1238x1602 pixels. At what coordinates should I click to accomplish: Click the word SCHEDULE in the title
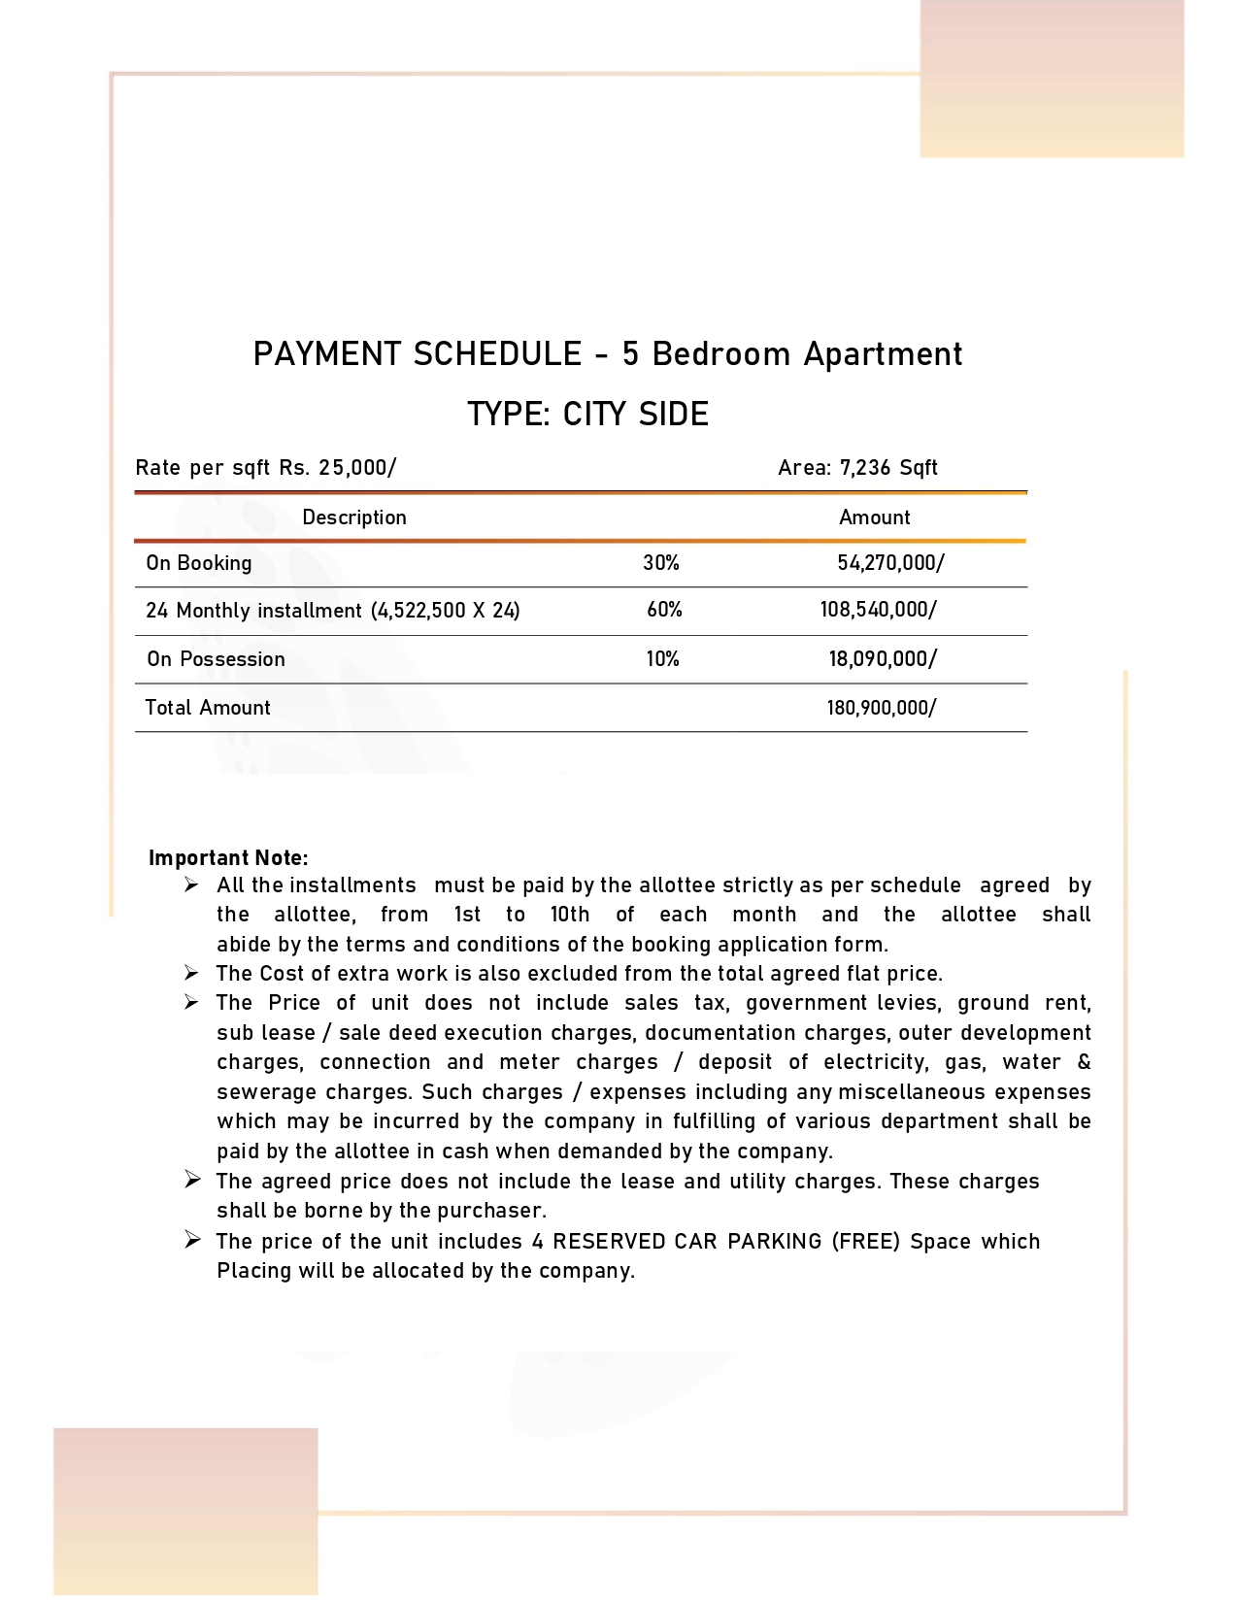click(497, 354)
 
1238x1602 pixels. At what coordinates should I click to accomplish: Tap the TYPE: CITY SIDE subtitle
click(587, 415)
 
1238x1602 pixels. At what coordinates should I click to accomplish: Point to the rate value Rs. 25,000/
click(337, 468)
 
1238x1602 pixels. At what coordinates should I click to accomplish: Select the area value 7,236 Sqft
click(888, 468)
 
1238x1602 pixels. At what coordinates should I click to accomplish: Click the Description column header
click(353, 517)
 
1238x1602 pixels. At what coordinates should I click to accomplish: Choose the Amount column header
click(874, 517)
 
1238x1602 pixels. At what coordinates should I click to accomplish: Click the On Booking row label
click(199, 563)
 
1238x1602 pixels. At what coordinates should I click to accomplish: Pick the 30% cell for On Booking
click(660, 563)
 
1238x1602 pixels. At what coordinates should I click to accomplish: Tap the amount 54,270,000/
click(890, 563)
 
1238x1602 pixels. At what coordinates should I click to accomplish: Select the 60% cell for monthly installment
click(664, 610)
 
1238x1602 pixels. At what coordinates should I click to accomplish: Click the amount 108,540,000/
click(878, 610)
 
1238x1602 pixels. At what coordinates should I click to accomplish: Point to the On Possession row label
click(216, 659)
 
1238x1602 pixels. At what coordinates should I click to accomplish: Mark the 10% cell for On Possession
click(662, 659)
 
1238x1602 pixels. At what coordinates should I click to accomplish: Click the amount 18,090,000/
click(882, 659)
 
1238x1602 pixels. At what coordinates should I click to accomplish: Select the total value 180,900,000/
click(881, 708)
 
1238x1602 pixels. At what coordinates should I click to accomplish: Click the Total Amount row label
click(208, 708)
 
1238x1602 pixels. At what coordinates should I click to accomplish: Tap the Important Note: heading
click(228, 858)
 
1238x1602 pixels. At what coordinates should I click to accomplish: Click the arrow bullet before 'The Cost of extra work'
click(192, 973)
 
